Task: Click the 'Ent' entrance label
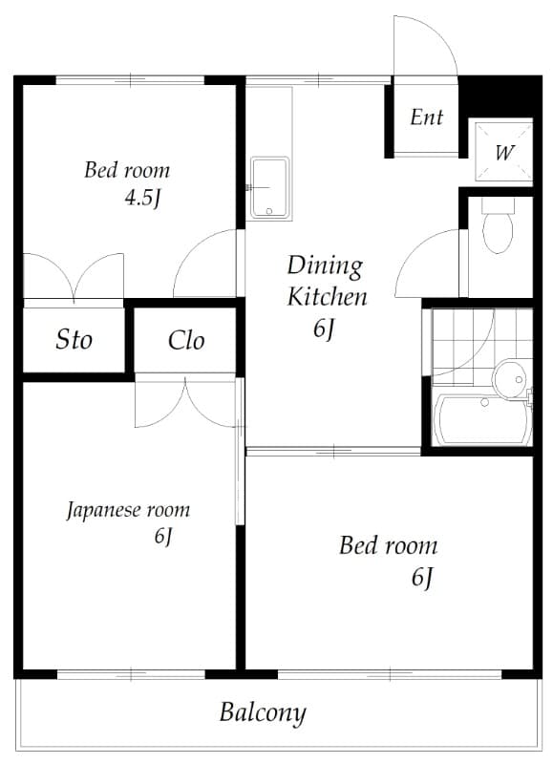coord(427,117)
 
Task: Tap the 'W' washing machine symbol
coord(505,152)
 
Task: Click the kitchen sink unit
coord(269,188)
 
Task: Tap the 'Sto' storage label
coord(74,339)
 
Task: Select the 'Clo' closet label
coord(186,340)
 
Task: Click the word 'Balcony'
coord(263,712)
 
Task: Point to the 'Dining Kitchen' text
coord(326,280)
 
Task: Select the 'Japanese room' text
coord(128,510)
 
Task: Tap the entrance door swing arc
coord(427,43)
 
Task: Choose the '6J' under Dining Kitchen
coord(324,329)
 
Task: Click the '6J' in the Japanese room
coord(162,537)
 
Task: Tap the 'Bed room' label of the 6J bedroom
coord(388,546)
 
